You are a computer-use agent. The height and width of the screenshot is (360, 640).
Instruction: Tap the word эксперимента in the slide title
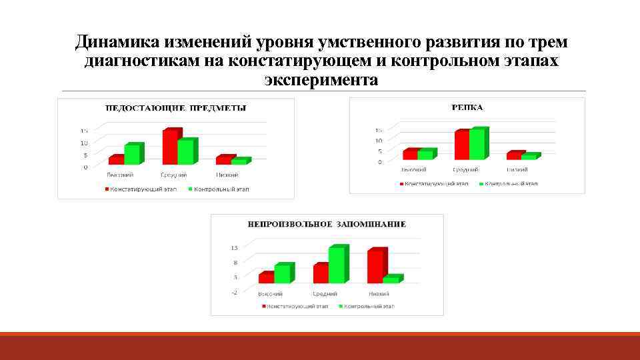point(321,81)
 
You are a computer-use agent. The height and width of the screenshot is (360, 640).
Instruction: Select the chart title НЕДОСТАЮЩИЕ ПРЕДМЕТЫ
point(174,108)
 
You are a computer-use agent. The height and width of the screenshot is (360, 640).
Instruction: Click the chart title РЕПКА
point(467,107)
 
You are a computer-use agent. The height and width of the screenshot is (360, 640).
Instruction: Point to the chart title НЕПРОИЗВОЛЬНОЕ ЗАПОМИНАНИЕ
point(327,224)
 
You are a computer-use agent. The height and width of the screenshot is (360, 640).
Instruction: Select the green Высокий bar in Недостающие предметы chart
point(132,155)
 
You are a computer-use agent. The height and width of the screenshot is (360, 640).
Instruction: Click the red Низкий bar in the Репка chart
point(513,156)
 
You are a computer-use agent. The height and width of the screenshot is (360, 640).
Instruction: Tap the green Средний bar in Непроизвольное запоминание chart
point(337,265)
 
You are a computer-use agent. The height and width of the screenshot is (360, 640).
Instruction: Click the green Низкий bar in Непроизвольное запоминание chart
point(391,279)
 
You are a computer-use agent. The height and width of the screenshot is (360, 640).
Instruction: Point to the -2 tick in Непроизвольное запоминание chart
point(234,293)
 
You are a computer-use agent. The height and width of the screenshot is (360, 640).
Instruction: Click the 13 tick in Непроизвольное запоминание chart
point(234,248)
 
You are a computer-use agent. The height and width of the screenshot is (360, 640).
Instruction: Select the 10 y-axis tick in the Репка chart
point(378,141)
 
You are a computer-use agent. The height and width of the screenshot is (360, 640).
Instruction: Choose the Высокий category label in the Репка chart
point(413,171)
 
